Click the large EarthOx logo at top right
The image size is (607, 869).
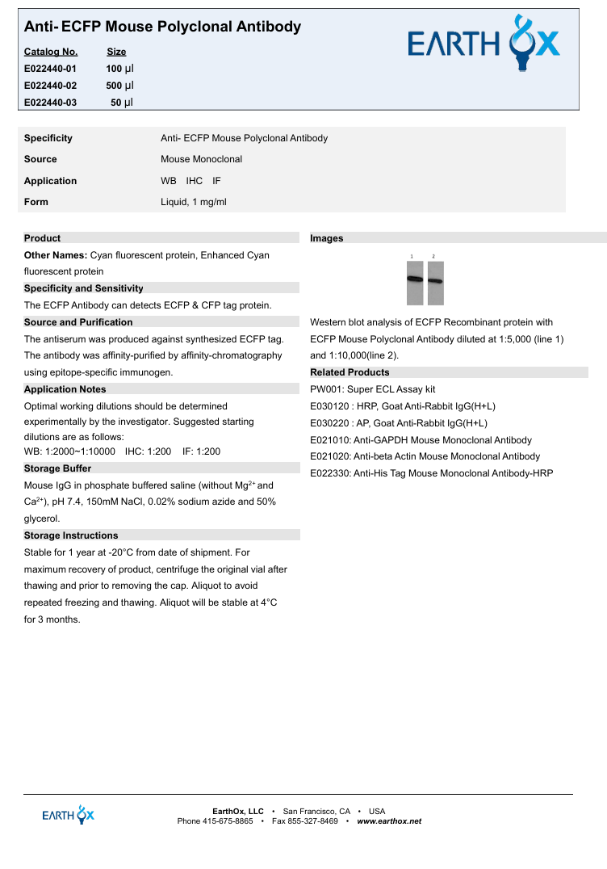coord(484,44)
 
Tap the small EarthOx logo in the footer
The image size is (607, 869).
coord(68,814)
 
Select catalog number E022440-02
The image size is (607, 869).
coord(51,86)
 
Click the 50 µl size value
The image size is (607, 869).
coord(122,103)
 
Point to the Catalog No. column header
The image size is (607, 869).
coord(51,52)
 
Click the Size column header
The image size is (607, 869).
coord(116,52)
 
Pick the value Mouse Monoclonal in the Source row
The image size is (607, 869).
coord(201,159)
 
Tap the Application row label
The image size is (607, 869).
coord(50,181)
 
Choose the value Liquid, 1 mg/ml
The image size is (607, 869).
coord(194,202)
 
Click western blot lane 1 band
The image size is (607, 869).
coord(414,279)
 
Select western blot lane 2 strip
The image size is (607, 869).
coord(435,283)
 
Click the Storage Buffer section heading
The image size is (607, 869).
coord(57,468)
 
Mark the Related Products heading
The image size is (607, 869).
coord(350,372)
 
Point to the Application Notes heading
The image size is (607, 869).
coord(65,389)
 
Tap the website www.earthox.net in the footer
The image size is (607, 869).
coord(389,821)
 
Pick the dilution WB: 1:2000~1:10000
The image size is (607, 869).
coord(70,451)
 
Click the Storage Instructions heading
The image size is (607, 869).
coord(71,535)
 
